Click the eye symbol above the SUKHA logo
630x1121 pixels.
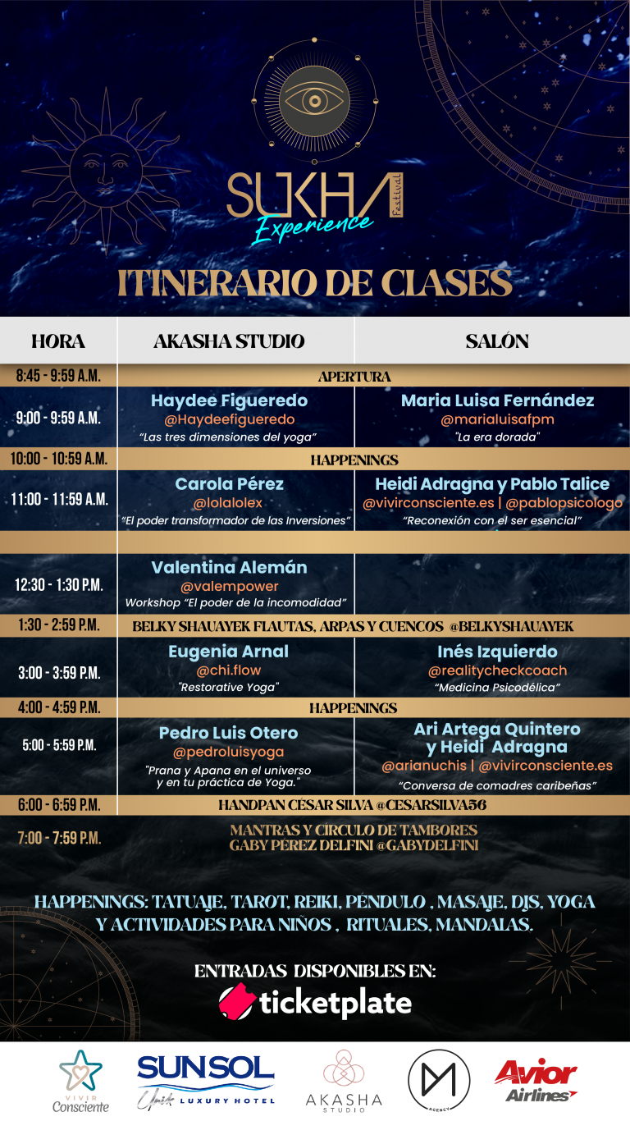(x=314, y=101)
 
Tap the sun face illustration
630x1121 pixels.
(x=106, y=171)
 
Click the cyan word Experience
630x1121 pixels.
(x=313, y=227)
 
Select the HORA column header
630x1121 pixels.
(x=58, y=341)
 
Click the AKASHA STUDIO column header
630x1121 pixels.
(x=229, y=341)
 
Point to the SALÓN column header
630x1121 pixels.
(x=497, y=341)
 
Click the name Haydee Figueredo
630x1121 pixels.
(x=229, y=400)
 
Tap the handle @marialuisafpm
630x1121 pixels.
(x=497, y=419)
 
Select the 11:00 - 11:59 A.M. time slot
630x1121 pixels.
(x=59, y=500)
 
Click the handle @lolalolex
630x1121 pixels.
(x=228, y=502)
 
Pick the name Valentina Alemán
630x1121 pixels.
(x=229, y=567)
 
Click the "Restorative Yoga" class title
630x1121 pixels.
(x=229, y=687)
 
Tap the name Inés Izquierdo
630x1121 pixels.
(x=497, y=652)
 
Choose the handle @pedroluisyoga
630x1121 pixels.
(x=228, y=752)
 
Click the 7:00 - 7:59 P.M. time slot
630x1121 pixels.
(x=59, y=838)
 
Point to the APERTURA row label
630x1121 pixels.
(x=354, y=377)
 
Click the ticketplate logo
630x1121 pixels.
(x=315, y=1002)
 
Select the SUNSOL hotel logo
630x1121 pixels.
(x=206, y=1081)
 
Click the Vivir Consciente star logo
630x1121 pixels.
(x=80, y=1081)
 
